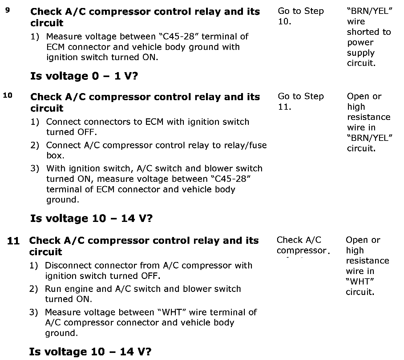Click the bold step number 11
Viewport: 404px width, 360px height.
tap(13, 241)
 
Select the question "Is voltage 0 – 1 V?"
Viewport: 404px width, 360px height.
tap(84, 76)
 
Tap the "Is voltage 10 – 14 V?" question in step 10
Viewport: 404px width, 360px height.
tap(91, 219)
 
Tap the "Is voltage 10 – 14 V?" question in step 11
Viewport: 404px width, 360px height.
tap(90, 352)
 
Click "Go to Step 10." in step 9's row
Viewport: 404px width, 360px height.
tap(301, 16)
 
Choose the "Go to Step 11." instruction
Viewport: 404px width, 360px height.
tap(301, 102)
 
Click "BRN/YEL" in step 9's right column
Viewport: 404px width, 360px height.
tap(370, 11)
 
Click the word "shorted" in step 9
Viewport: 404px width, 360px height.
tap(369, 32)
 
